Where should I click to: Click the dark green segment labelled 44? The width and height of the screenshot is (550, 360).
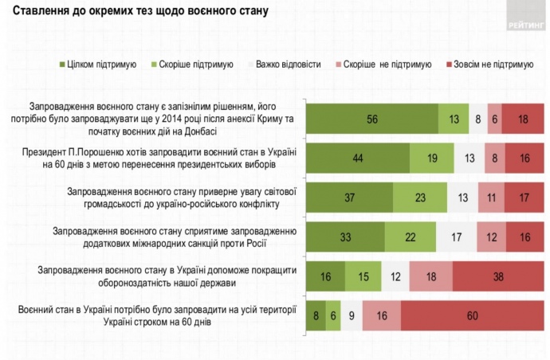(x=358, y=158)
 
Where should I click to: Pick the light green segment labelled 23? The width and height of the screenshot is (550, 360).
(x=421, y=197)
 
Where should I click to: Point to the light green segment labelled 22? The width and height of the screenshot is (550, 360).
(x=410, y=236)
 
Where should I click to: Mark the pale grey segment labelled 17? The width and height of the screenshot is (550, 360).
(x=457, y=236)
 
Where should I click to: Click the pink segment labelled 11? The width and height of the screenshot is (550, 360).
(x=492, y=197)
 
